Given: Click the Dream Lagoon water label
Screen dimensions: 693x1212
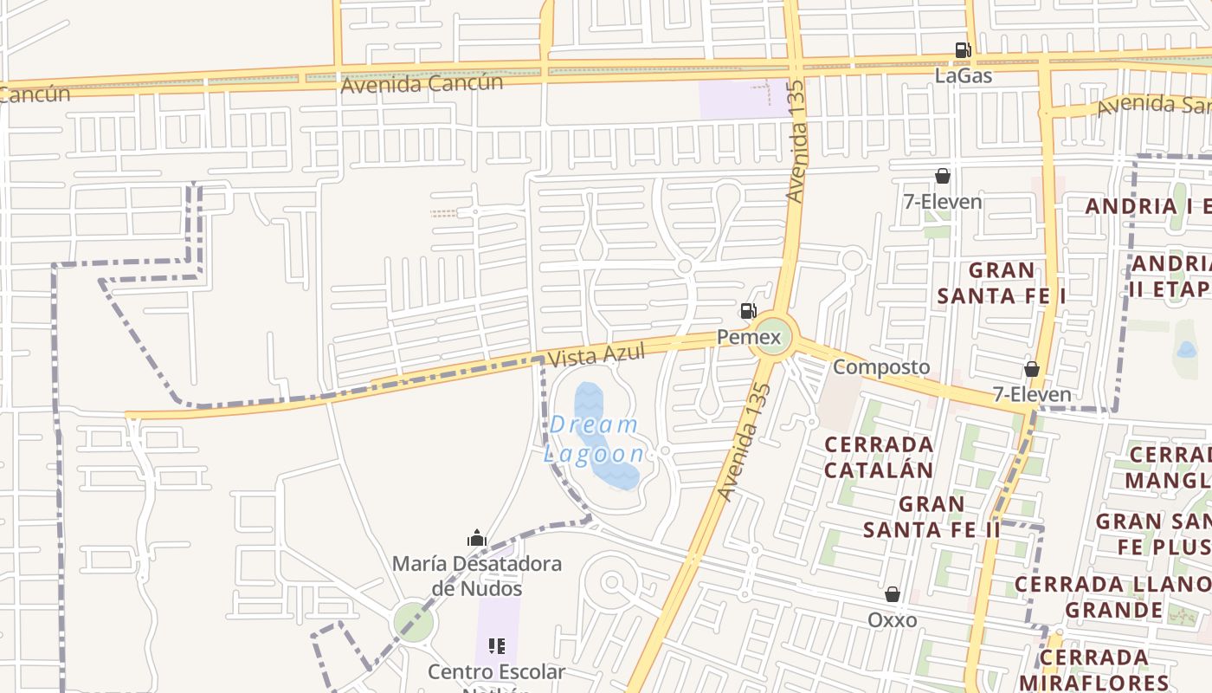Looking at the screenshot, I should pos(594,439).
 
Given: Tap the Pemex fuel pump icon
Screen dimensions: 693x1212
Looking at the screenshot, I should pos(748,311).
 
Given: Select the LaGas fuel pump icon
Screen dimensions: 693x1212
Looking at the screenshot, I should pos(963,50).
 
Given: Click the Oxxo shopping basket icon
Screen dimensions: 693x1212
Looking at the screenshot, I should pos(893,594).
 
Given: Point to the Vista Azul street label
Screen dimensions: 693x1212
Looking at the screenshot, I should pos(596,355).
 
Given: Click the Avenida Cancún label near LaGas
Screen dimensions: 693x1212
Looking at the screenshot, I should pos(422,84).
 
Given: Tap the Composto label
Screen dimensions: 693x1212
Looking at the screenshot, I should pos(881,367).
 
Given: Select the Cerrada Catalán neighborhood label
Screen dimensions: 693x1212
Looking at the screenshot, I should pos(879,457).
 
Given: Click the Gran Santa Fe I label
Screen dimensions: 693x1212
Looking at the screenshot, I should pos(1002,283).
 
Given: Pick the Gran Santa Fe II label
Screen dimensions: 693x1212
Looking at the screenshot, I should pos(932,516).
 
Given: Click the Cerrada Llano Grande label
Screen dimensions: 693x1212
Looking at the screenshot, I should pos(1113,597).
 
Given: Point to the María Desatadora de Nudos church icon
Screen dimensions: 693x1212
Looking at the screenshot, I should pos(477,539).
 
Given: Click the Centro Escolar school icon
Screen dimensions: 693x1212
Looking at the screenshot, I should pos(497,646).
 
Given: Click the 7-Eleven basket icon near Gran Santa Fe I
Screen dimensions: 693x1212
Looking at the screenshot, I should pos(943,177).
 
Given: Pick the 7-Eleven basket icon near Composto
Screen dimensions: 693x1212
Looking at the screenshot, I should pos(1032,370).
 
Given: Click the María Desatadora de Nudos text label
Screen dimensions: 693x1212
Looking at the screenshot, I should pos(477,576).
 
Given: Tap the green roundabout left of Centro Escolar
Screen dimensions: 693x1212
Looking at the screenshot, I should pos(413,623).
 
